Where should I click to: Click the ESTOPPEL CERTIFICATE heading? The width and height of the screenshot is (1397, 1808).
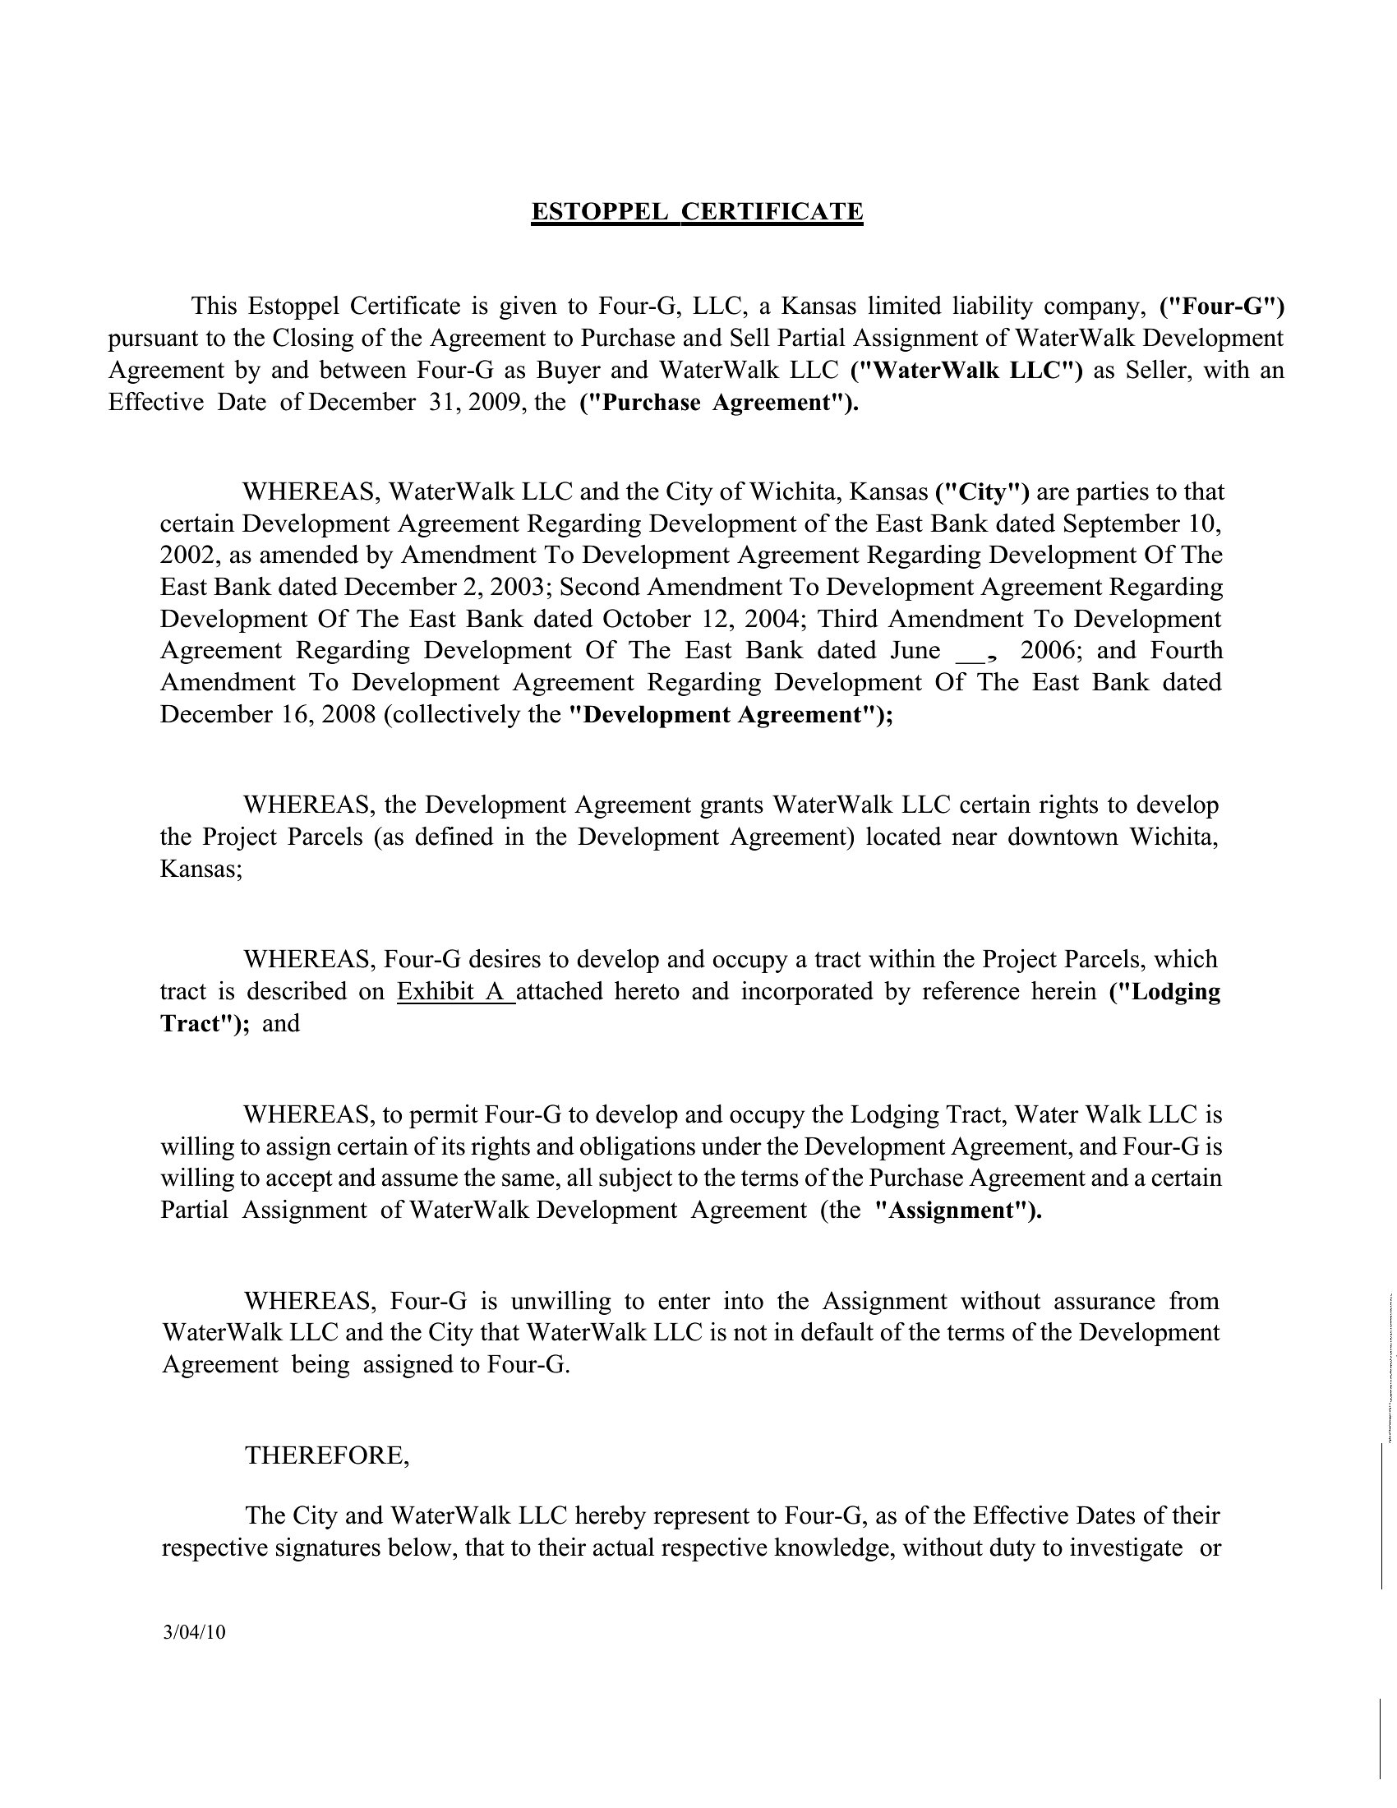(697, 212)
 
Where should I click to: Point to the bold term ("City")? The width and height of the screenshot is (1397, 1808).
(981, 491)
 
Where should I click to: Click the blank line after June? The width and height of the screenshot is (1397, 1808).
(968, 651)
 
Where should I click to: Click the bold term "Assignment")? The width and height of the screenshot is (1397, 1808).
(958, 1211)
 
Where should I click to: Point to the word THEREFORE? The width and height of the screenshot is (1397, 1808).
(327, 1455)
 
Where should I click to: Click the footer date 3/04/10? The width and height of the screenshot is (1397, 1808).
(195, 1633)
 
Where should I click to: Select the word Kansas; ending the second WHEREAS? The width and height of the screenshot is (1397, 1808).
(201, 869)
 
